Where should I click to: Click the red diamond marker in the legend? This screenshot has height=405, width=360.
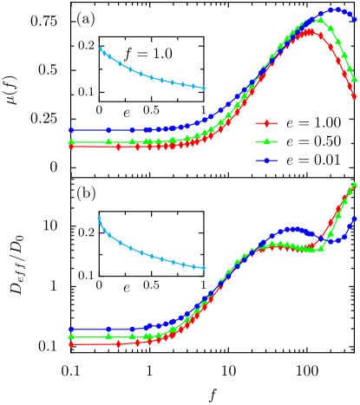coord(266,123)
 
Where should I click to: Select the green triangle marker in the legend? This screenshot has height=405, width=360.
coord(266,141)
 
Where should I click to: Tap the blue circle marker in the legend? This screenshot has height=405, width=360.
coord(266,160)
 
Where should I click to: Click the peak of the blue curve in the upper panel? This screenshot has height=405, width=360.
coord(333,10)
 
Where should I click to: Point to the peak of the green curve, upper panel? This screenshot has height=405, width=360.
coord(320,18)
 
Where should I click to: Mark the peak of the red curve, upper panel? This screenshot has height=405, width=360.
coord(311,31)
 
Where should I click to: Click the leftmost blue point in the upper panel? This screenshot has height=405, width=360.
coord(70,130)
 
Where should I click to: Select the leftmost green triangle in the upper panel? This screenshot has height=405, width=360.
coord(70,141)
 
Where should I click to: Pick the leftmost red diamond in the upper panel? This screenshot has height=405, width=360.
coord(70,147)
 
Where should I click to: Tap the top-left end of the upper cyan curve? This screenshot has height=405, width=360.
coord(100,49)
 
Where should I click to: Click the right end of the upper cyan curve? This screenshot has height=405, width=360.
coord(204,88)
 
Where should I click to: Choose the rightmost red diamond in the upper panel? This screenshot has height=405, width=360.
coord(355,96)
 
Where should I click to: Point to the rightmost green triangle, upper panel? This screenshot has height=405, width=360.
coord(355,79)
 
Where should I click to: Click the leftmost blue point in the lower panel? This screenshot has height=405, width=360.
coord(70,329)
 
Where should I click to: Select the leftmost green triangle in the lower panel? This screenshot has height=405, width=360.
coord(70,336)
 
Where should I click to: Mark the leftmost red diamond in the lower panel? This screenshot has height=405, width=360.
coord(70,344)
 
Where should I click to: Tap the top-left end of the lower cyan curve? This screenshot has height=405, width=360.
coord(99,218)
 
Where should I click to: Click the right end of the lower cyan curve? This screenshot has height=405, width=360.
coord(204,268)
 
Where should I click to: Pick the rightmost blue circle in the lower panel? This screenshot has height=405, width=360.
coord(355,219)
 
